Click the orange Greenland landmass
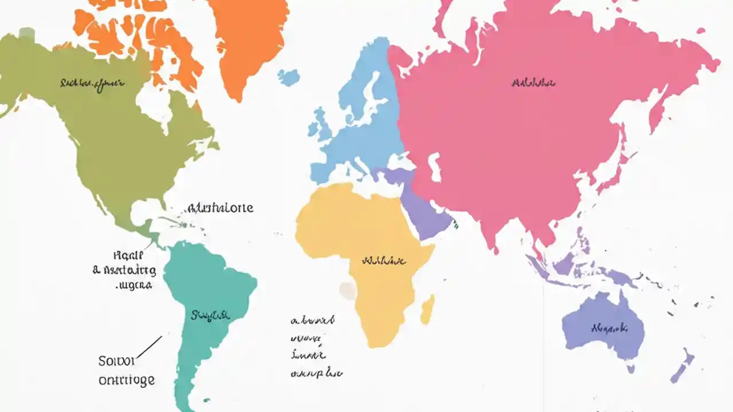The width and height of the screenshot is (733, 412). click(x=249, y=40)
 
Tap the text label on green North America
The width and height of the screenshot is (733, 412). click(x=92, y=84)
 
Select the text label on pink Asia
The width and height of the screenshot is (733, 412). click(x=533, y=83)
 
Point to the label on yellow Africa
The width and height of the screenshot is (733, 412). click(x=384, y=261)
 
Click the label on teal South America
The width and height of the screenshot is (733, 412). click(x=210, y=315)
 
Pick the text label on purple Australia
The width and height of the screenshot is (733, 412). click(x=609, y=328)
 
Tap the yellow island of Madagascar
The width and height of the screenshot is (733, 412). click(x=427, y=310)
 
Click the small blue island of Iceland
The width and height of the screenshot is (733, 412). click(x=289, y=77)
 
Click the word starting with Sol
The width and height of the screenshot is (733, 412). click(x=116, y=361)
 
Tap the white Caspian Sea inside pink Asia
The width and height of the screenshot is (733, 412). click(x=435, y=167)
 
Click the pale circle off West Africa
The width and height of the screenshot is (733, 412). click(x=347, y=291)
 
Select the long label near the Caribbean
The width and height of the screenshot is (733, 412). click(x=220, y=208)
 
